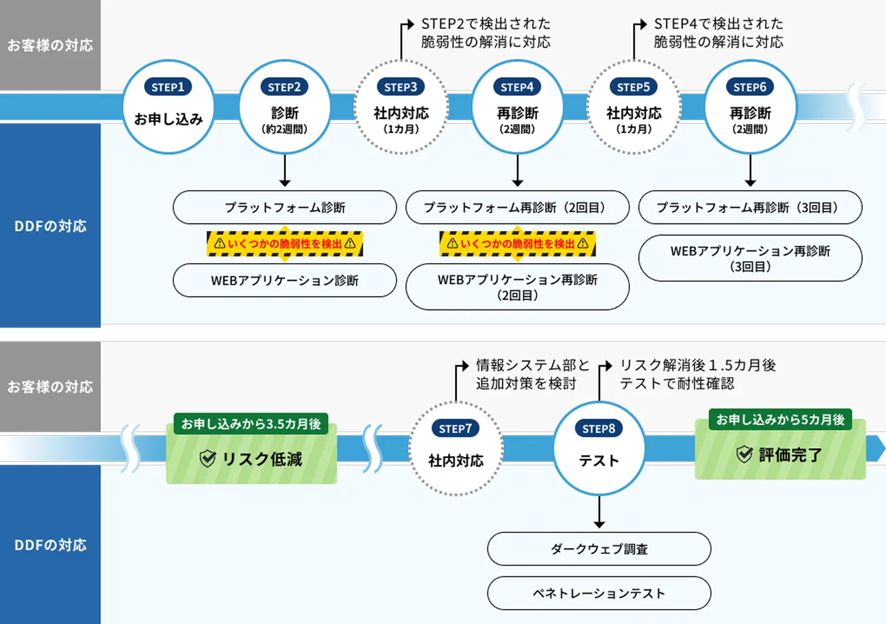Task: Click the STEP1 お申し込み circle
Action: tap(168, 107)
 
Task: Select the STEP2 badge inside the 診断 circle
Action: tap(285, 87)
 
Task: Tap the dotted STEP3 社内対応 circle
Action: tap(401, 107)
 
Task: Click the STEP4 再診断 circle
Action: tap(517, 107)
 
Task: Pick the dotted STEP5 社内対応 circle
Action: tap(634, 107)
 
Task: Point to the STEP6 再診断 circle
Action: tap(750, 107)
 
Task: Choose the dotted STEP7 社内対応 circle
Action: tap(455, 449)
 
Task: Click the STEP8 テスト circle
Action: tap(599, 449)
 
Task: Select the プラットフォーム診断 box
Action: tap(285, 207)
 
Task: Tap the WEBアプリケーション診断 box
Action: tap(285, 280)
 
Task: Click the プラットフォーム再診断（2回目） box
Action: tap(517, 207)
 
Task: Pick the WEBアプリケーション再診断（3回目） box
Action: tap(750, 258)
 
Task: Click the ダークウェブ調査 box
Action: tap(599, 549)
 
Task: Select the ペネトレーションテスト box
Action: tap(599, 594)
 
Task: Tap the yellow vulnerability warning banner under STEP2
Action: tap(285, 244)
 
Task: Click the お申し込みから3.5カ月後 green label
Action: tap(251, 424)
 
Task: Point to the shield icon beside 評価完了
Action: tap(744, 454)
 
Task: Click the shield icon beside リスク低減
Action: tap(207, 459)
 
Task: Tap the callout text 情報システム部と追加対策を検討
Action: tap(532, 375)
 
